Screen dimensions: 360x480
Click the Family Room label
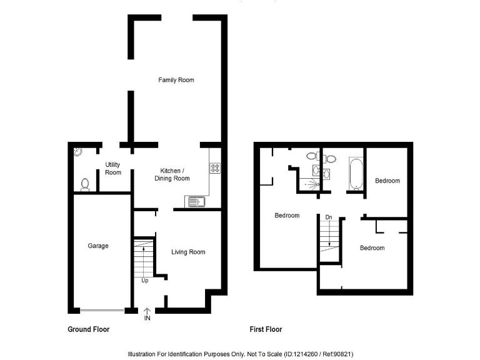176,80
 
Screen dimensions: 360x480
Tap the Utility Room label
112,168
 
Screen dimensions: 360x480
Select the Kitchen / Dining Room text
172,174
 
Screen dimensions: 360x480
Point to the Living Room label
188,252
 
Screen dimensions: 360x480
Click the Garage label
98,246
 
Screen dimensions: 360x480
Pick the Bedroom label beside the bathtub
387,181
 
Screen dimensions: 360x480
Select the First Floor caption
264,329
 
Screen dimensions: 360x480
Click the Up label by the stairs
145,280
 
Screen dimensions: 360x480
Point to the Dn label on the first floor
328,217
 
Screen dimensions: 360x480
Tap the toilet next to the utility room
86,184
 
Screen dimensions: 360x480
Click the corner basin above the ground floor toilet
77,151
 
